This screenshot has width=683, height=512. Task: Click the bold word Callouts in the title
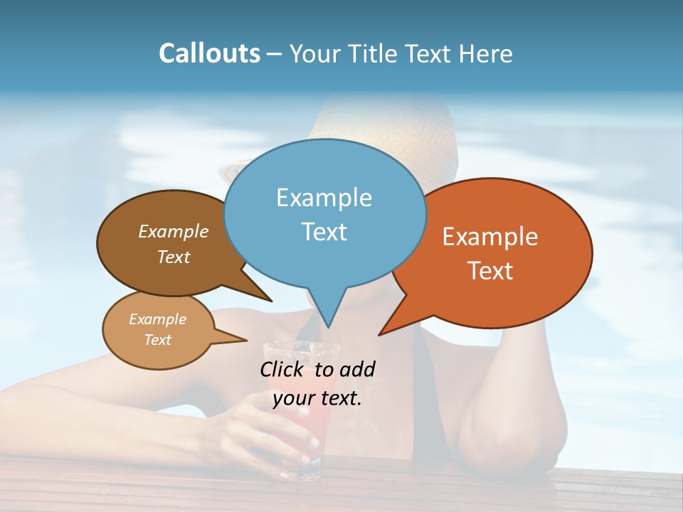(209, 53)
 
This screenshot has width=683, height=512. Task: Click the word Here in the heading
(485, 53)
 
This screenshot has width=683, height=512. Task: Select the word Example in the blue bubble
(324, 197)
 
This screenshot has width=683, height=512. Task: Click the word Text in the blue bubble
(324, 231)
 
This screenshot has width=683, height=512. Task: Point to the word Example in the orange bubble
(490, 237)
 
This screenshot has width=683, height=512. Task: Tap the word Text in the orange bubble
(490, 270)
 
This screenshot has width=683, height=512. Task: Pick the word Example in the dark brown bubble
(173, 231)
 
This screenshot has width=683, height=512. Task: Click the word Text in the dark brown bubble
(173, 257)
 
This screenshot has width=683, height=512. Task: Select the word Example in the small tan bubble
(157, 319)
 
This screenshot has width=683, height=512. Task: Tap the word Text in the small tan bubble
(157, 340)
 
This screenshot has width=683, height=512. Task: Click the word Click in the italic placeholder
(283, 369)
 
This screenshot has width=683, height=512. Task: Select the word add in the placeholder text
(356, 369)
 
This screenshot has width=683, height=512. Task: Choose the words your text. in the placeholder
(317, 398)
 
